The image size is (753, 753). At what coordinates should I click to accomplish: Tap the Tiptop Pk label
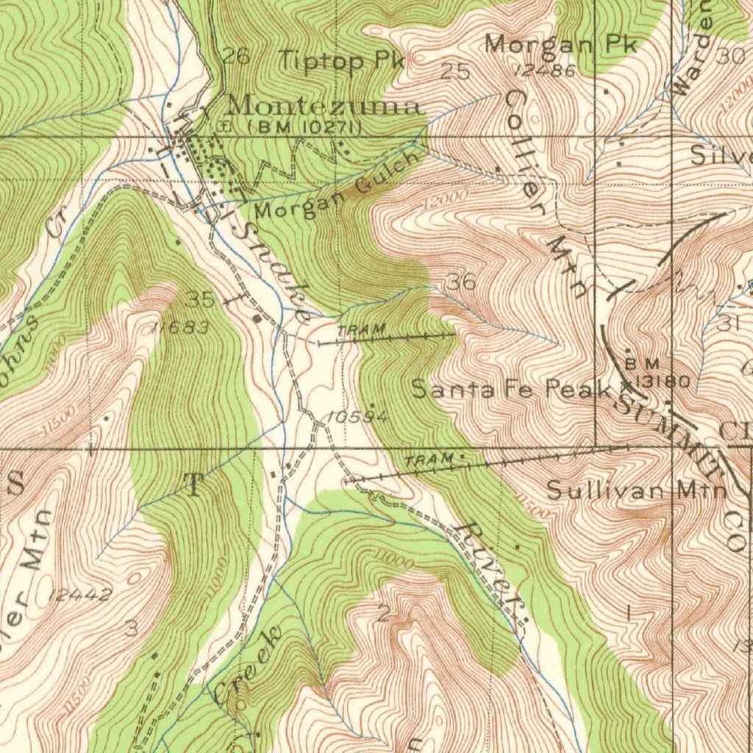(343, 60)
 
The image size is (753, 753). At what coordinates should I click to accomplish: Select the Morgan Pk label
(560, 44)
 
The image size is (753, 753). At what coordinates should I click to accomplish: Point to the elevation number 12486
(545, 70)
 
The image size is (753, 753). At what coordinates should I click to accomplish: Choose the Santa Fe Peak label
(512, 389)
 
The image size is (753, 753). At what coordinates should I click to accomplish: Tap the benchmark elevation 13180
(662, 381)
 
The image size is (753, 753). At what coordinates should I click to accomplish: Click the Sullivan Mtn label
(637, 490)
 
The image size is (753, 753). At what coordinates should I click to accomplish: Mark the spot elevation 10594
(358, 417)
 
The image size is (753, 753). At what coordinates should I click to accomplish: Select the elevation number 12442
(80, 595)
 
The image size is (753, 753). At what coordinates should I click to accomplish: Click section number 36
(462, 282)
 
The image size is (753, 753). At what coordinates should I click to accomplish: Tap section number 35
(199, 299)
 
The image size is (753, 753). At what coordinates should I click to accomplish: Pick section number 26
(237, 56)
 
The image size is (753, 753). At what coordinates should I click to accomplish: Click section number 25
(455, 71)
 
